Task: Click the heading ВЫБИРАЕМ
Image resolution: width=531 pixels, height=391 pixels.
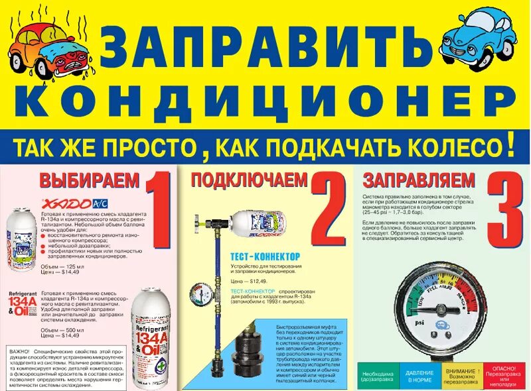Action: point(90,180)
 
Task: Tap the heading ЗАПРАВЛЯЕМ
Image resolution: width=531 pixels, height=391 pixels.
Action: point(419,180)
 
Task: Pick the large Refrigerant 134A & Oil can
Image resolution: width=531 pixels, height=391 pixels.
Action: point(153,339)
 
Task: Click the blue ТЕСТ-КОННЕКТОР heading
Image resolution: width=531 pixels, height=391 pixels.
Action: point(265,256)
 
